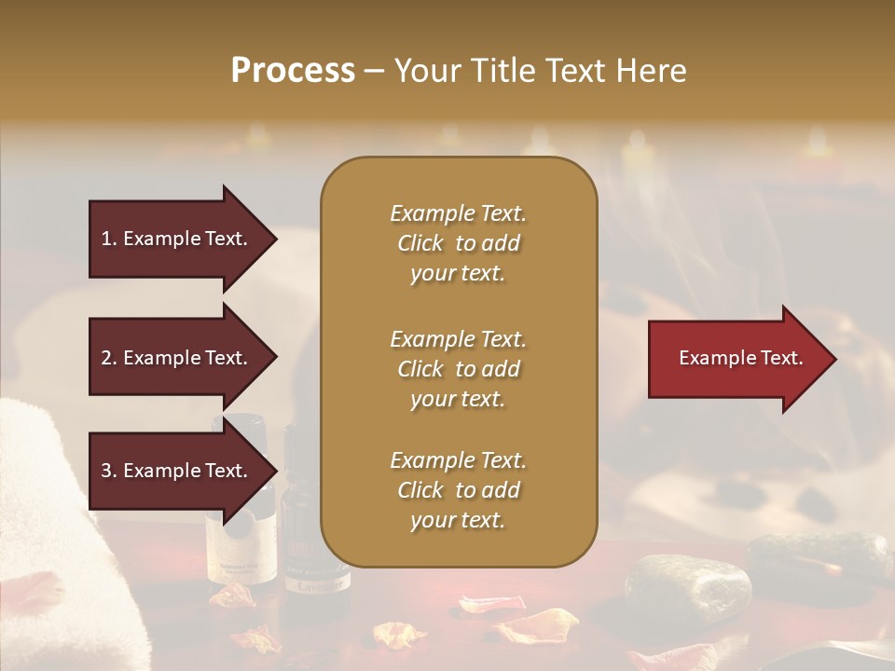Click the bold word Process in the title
click(x=293, y=71)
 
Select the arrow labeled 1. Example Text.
click(x=177, y=239)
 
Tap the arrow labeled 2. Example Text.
click(x=177, y=358)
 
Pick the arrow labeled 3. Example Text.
click(x=177, y=471)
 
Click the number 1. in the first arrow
click(x=109, y=239)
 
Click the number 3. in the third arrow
click(x=109, y=471)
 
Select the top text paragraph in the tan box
click(x=458, y=243)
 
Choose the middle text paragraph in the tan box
click(x=458, y=368)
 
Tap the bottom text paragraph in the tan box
click(x=458, y=490)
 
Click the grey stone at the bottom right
click(x=687, y=587)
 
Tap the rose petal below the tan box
click(x=489, y=606)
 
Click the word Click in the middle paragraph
click(x=420, y=369)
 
